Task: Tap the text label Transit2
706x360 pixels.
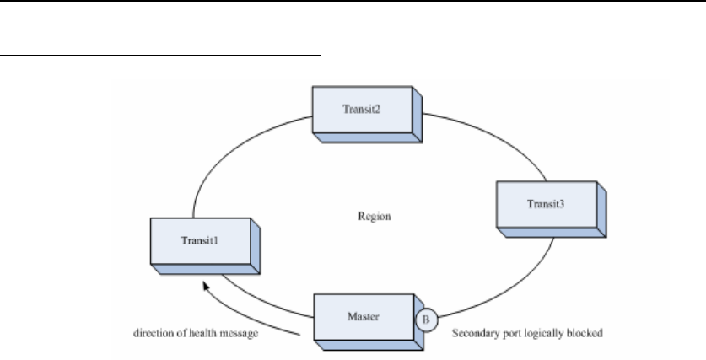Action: pyautogui.click(x=360, y=110)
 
